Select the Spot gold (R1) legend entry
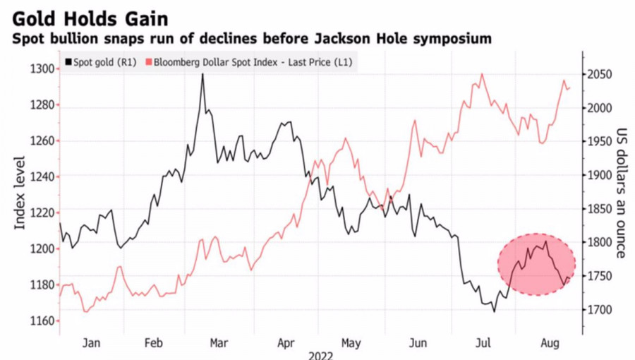pyautogui.click(x=102, y=62)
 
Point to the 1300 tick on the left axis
pyautogui.click(x=42, y=68)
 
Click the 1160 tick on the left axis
pyautogui.click(x=42, y=320)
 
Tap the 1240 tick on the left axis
pyautogui.click(x=42, y=176)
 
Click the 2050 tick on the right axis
pyautogui.click(x=600, y=75)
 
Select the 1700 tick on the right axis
pyautogui.click(x=600, y=309)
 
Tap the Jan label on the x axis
pyautogui.click(x=91, y=343)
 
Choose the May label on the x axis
pyautogui.click(x=351, y=343)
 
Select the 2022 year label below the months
pyautogui.click(x=320, y=356)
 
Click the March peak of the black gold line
pyautogui.click(x=202, y=74)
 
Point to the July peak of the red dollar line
pyautogui.click(x=482, y=74)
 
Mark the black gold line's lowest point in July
pyautogui.click(x=494, y=311)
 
